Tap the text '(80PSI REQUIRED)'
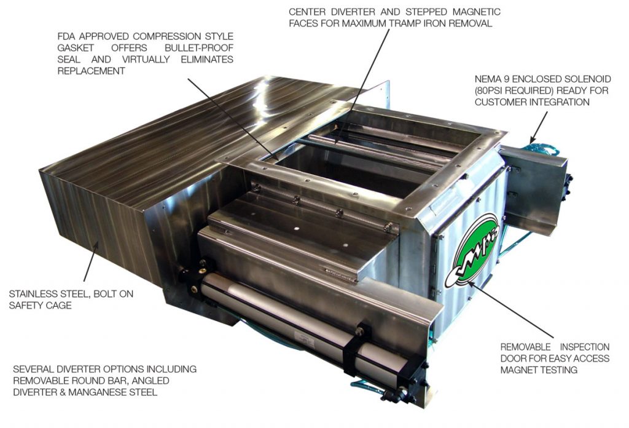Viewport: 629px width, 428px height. point(508,90)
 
